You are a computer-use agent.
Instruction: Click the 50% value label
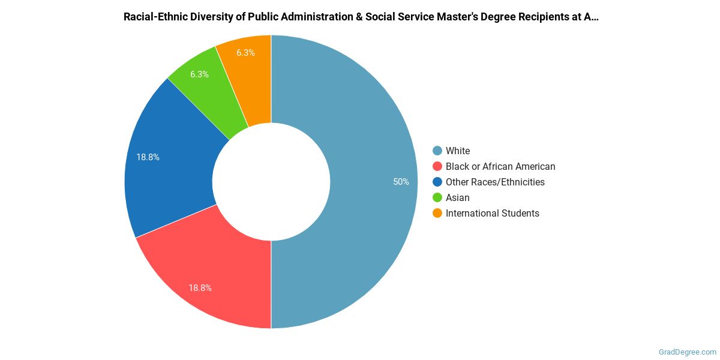(x=401, y=182)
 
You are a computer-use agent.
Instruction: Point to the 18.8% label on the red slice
(x=200, y=288)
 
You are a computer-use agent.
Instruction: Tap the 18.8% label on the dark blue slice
(x=148, y=157)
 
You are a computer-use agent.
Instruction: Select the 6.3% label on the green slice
(x=199, y=74)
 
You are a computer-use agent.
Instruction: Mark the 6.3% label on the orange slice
(x=245, y=53)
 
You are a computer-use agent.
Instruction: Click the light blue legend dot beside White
(x=437, y=151)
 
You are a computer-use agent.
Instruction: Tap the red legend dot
(x=437, y=166)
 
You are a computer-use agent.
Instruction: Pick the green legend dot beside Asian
(x=437, y=197)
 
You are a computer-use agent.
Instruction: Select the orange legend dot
(x=437, y=213)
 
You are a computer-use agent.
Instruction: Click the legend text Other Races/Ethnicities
(x=495, y=182)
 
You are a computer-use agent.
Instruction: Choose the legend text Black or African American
(x=500, y=166)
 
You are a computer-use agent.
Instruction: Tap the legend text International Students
(x=492, y=213)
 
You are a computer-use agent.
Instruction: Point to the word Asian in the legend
(x=458, y=197)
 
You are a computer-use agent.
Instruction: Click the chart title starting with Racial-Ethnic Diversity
(x=361, y=17)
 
